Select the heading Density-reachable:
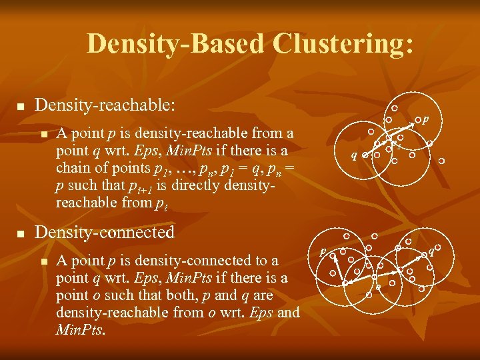pyautogui.click(x=105, y=105)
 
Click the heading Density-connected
pyautogui.click(x=104, y=233)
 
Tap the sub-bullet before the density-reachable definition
pyautogui.click(x=44, y=134)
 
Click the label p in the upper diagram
pyautogui.click(x=425, y=120)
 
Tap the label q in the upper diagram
pyautogui.click(x=355, y=156)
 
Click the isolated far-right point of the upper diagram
pyautogui.click(x=441, y=161)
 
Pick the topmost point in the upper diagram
pyautogui.click(x=395, y=108)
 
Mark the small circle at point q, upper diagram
pyautogui.click(x=365, y=155)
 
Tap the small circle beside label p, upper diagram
pyautogui.click(x=417, y=121)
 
